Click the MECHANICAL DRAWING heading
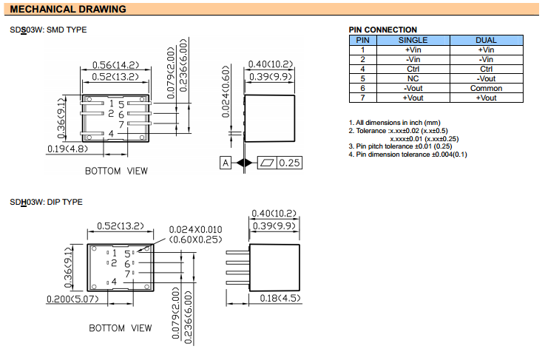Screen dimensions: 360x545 [x=67, y=10]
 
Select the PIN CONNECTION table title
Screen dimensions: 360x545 [x=382, y=30]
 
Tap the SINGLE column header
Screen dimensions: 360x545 [x=413, y=39]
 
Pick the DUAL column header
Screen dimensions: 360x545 [x=487, y=39]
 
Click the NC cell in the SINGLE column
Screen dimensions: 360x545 [x=413, y=78]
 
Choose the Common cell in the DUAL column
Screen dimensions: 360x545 [x=487, y=88]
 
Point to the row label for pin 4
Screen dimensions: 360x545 [x=363, y=69]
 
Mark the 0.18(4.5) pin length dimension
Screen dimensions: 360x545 [x=279, y=298]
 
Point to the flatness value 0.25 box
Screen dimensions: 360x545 [x=289, y=163]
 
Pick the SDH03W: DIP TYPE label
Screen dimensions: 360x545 [x=46, y=202]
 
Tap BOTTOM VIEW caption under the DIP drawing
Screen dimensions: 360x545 [x=121, y=327]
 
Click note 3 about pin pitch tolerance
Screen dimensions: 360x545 [x=395, y=146]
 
